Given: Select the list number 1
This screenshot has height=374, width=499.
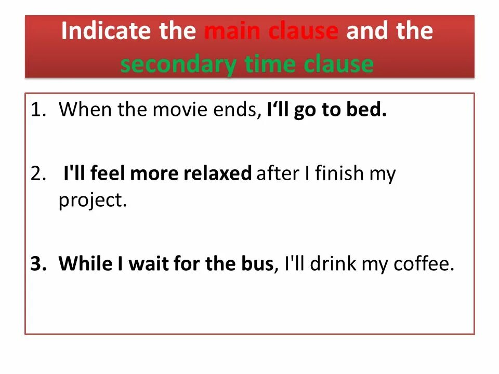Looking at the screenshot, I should tap(37, 111).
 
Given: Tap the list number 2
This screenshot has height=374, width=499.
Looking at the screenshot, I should tap(37, 173).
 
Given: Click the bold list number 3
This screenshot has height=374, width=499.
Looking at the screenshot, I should tap(37, 264).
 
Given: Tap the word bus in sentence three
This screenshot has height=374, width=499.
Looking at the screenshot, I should tap(257, 264).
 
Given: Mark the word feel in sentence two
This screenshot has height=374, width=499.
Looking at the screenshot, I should tap(108, 173).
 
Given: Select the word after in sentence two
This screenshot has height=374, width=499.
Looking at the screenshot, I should tap(276, 173).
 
